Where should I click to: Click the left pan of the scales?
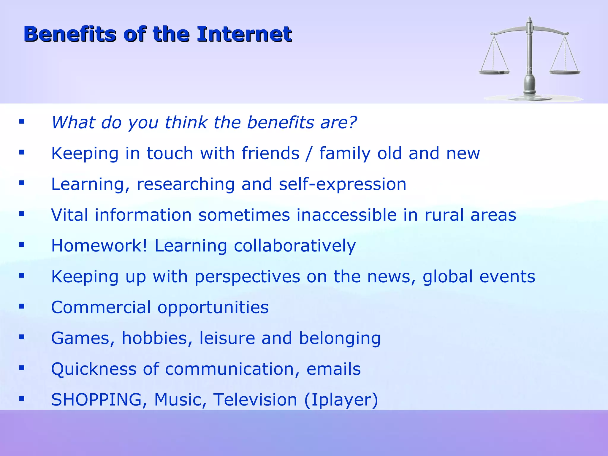pyautogui.click(x=494, y=72)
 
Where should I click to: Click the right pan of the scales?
pyautogui.click(x=565, y=72)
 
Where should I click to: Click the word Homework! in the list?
pyautogui.click(x=99, y=246)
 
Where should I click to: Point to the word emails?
pyautogui.click(x=333, y=369)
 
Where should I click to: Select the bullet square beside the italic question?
pyautogui.click(x=22, y=121)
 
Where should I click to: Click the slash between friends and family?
pyautogui.click(x=309, y=153)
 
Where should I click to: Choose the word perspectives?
pyautogui.click(x=247, y=277)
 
